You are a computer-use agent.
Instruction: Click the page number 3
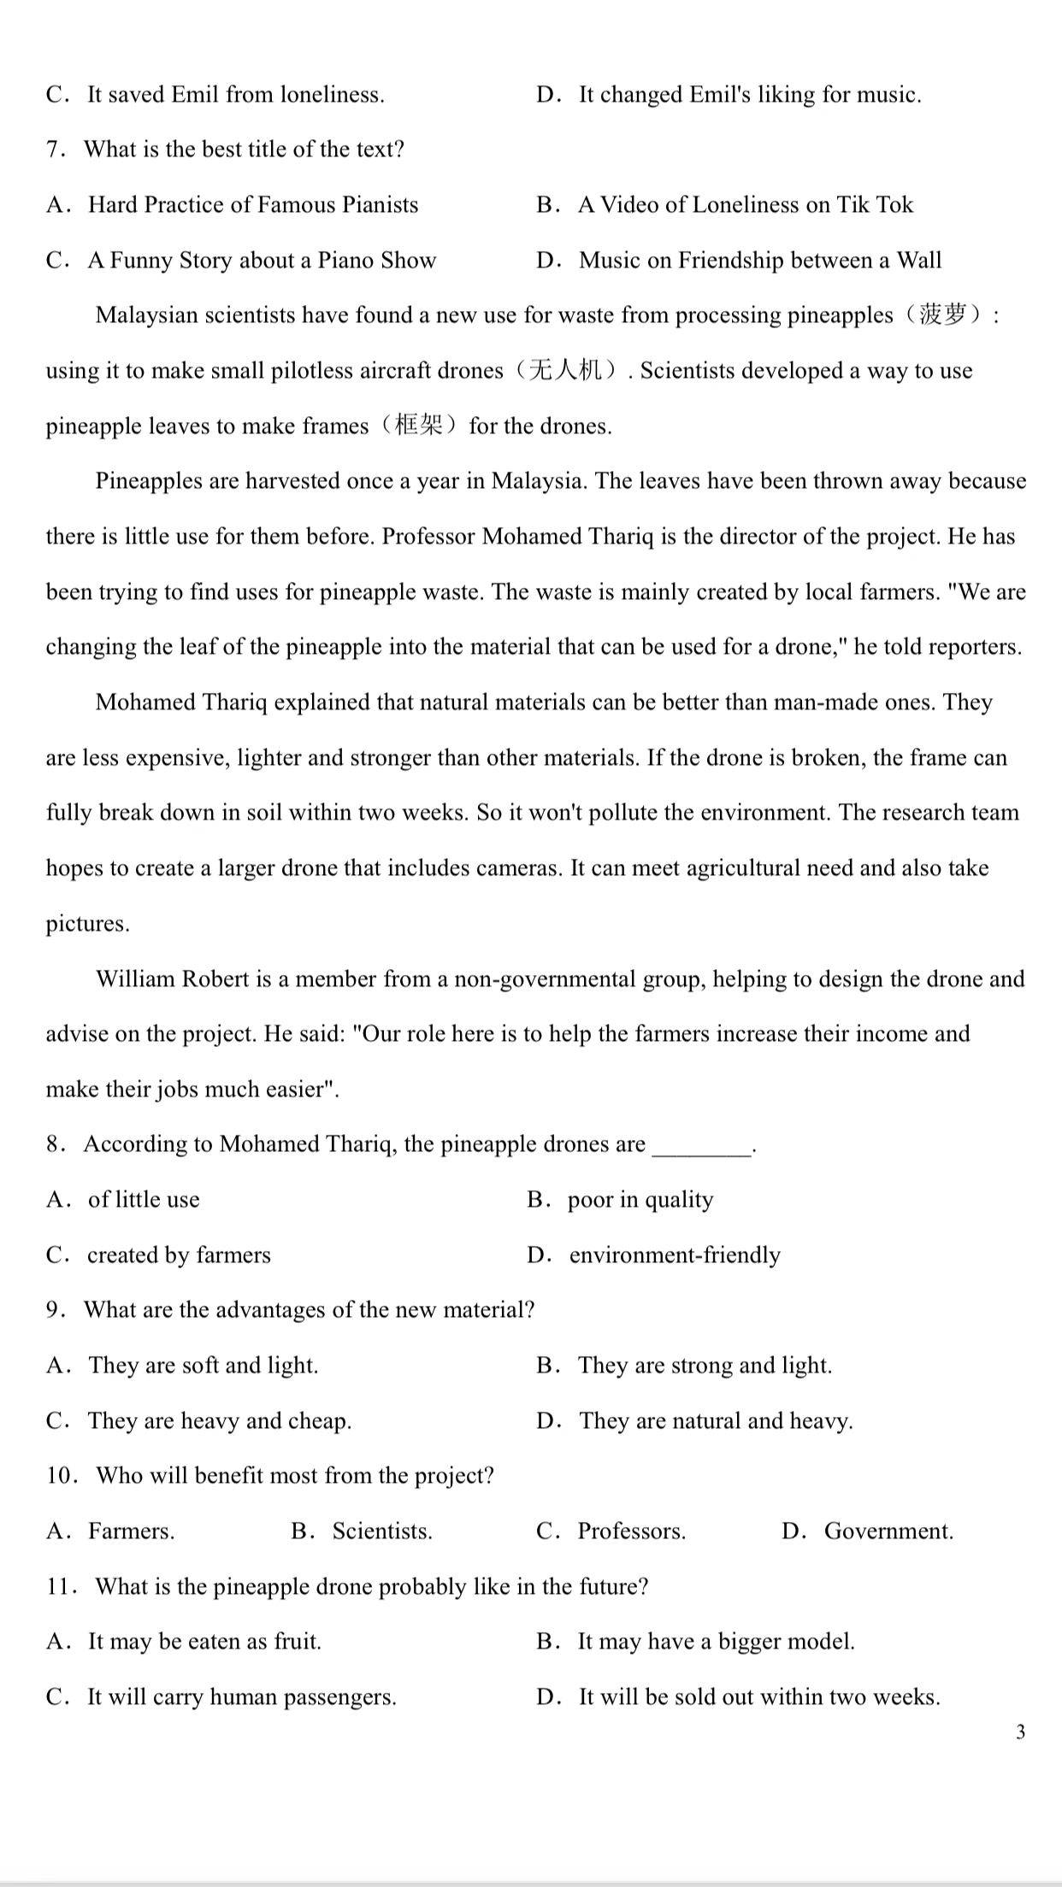tap(1020, 1732)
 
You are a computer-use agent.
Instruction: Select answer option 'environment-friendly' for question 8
tap(674, 1255)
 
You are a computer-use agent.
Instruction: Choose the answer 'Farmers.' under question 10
tap(131, 1531)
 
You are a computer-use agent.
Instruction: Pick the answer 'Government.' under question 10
tap(888, 1531)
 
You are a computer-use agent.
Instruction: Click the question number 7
tap(56, 150)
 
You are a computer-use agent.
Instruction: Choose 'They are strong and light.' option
tap(704, 1365)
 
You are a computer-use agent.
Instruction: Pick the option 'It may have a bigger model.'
tap(716, 1641)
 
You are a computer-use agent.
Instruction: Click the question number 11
tap(62, 1586)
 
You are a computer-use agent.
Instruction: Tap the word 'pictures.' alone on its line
tap(88, 924)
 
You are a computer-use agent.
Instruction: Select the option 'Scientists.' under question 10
tap(381, 1531)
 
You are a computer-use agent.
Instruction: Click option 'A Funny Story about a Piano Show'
tap(262, 260)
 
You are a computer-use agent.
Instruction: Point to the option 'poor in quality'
tap(640, 1199)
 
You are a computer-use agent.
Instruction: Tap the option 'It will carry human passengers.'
tap(241, 1696)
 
